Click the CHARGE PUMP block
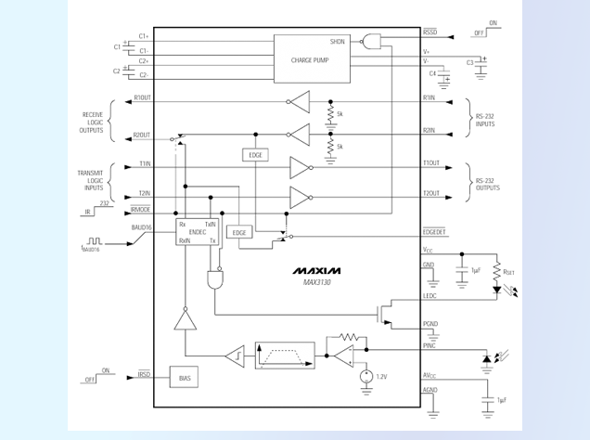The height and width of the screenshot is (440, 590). coord(312,58)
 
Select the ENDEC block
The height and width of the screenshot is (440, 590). coord(197,232)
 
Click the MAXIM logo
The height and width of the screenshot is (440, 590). coord(317,271)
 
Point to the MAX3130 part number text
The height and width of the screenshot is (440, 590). coord(317,283)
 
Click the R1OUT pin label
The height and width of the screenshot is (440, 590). coord(142,97)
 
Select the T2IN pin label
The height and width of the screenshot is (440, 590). coord(145,193)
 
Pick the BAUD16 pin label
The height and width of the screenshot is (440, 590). coord(141,226)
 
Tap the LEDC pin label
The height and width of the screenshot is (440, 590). coord(430,296)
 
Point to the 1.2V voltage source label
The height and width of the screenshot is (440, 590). coord(380,376)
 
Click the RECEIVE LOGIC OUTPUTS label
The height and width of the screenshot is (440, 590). coord(93,123)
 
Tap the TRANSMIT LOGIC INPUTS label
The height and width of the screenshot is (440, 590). coord(91,179)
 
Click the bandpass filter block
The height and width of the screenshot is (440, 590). coord(284,355)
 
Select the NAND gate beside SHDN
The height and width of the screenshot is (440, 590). coord(373,41)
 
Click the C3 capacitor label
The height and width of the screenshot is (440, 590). coord(470,63)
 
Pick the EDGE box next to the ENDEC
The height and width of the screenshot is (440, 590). coord(239,232)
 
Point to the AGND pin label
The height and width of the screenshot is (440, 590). coord(430,390)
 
